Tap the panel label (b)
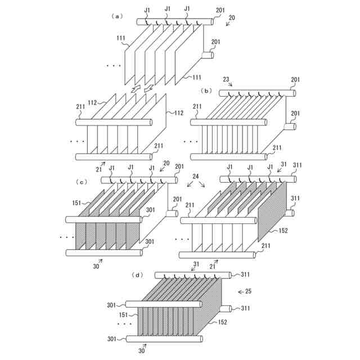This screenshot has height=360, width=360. point(206,90)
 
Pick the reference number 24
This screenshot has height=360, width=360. point(195,176)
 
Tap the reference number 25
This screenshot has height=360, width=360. point(255,291)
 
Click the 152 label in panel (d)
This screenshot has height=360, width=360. point(222,323)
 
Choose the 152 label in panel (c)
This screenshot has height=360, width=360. point(283,230)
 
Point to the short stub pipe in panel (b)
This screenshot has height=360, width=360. point(290,127)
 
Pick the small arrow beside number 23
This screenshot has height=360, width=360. point(231,85)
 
